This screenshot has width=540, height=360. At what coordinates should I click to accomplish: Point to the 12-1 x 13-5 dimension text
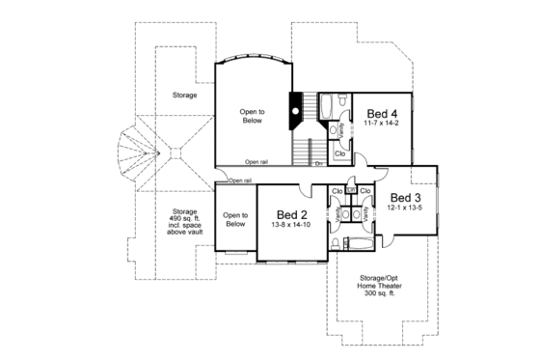pos(404,208)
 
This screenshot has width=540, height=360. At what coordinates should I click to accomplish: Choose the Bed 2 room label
pos(292,213)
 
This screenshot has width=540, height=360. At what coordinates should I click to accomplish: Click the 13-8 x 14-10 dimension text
pos(292,224)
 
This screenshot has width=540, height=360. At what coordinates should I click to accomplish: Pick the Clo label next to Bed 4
pos(340,152)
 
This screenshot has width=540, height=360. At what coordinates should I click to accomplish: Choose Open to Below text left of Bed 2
pos(235,219)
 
